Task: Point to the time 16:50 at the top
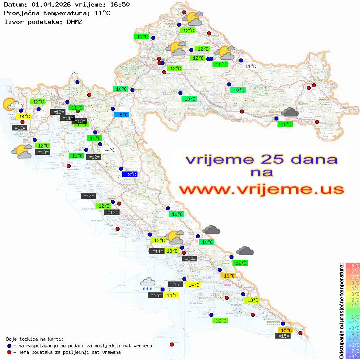(x=120, y=4)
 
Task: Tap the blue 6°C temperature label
(x=121, y=115)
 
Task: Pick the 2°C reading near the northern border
(x=74, y=75)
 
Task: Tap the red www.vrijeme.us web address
(x=261, y=189)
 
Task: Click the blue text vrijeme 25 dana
(x=261, y=159)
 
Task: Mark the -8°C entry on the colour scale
(x=352, y=356)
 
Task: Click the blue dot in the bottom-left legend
(x=9, y=346)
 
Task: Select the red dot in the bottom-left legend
(x=9, y=352)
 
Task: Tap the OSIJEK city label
(x=317, y=81)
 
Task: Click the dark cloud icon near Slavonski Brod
(x=290, y=112)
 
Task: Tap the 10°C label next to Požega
(x=238, y=90)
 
